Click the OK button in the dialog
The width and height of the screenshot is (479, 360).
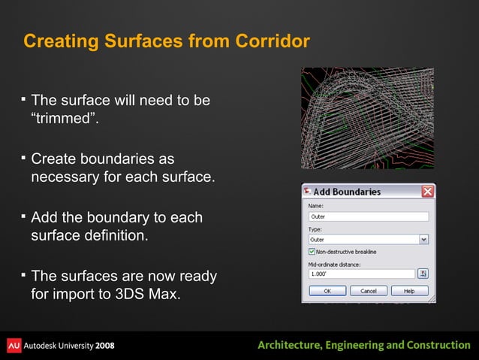(328, 290)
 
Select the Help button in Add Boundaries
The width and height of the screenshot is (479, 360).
(409, 290)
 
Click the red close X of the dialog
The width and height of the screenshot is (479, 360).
(427, 192)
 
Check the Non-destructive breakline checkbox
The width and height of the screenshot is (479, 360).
(312, 251)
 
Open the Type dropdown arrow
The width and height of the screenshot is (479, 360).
(423, 240)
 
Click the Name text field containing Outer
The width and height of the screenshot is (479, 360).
(368, 216)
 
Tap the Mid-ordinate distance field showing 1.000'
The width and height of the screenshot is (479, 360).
(361, 274)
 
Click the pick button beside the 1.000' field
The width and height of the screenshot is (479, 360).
(423, 274)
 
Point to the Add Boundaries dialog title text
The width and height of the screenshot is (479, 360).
(347, 192)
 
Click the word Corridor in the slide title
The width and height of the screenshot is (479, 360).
(272, 41)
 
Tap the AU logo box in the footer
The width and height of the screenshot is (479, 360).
(14, 345)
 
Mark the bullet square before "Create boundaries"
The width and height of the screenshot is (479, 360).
(23, 158)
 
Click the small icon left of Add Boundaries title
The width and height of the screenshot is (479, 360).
(307, 192)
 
